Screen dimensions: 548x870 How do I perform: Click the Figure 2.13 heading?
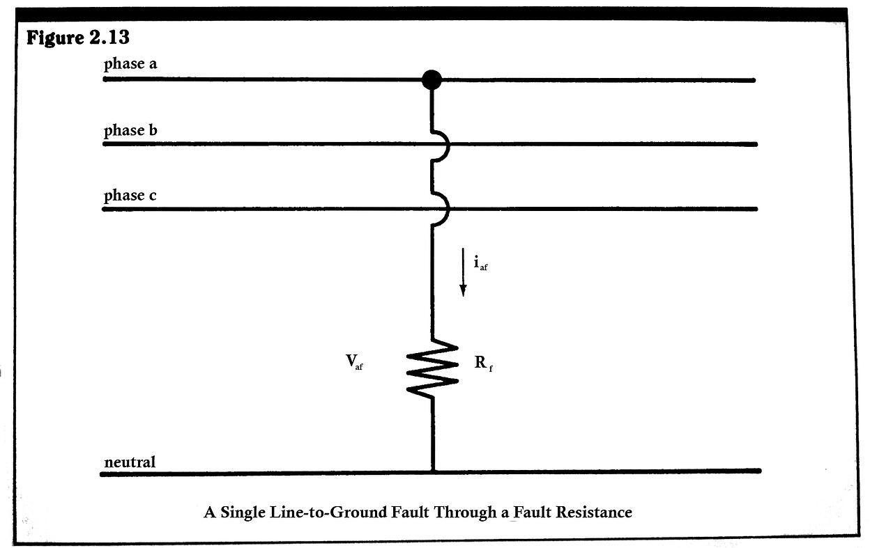tap(77, 38)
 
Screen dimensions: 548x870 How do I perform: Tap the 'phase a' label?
tap(130, 64)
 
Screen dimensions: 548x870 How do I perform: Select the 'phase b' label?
tap(130, 130)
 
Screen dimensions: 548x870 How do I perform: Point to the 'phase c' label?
tap(130, 196)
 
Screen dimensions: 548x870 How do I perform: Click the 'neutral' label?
tap(130, 462)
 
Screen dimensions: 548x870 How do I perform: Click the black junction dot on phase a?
tap(432, 80)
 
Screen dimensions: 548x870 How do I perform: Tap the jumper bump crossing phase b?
tap(441, 145)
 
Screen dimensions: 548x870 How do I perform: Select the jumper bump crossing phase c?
tap(441, 209)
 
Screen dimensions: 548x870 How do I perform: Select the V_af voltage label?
tap(354, 362)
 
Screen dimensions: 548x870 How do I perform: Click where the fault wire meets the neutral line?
tap(433, 471)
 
